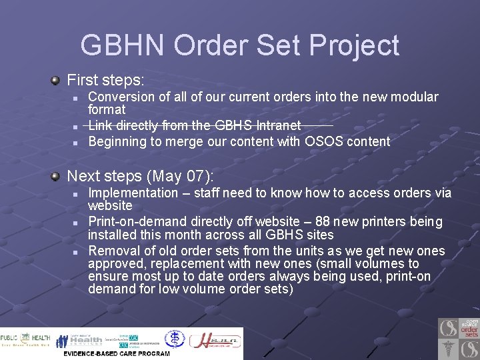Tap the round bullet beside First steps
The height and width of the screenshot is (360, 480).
(57, 81)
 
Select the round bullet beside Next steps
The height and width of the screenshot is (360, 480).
(57, 177)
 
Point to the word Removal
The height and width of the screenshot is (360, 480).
(113, 251)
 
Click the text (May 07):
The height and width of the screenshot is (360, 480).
(182, 177)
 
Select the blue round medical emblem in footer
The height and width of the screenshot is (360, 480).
(175, 339)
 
